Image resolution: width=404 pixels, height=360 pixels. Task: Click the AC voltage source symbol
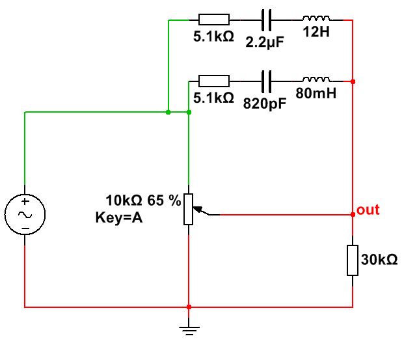click(25, 215)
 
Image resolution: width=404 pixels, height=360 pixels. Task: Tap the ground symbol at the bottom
click(189, 331)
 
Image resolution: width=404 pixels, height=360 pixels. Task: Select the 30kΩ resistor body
click(353, 260)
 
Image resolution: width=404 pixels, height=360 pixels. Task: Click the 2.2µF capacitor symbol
click(267, 20)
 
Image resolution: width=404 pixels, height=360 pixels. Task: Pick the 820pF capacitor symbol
click(267, 81)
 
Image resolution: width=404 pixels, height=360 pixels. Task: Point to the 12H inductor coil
click(316, 18)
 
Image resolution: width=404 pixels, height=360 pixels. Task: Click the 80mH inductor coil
click(316, 79)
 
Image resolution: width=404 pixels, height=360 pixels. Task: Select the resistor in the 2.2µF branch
click(214, 20)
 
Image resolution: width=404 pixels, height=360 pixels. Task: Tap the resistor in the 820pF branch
click(214, 81)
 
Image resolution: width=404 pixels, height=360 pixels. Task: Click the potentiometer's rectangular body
click(189, 210)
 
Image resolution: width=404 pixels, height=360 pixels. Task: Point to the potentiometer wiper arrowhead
click(197, 209)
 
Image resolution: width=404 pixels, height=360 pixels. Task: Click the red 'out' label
click(368, 210)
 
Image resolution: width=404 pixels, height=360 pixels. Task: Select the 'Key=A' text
click(119, 217)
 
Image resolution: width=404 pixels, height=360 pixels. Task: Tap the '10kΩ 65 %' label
click(143, 201)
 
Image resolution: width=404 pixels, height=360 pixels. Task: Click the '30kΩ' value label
click(379, 260)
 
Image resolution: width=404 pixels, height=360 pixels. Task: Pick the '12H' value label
click(316, 32)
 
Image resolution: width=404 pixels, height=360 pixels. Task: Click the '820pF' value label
click(265, 104)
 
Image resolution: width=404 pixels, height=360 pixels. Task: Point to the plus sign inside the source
click(25, 201)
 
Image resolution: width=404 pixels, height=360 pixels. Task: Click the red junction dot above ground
click(189, 307)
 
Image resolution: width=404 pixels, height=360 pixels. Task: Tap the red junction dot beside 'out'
click(353, 215)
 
